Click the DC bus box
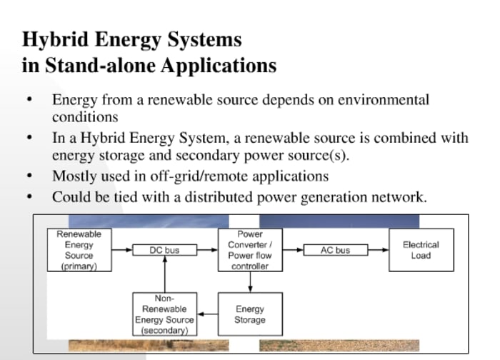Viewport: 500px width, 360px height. (164, 250)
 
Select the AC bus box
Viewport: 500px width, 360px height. (335, 250)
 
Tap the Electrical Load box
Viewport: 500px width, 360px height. (421, 249)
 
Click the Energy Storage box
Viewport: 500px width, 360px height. (249, 314)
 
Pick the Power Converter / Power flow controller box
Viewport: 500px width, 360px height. (249, 249)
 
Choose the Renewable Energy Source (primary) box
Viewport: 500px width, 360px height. (79, 249)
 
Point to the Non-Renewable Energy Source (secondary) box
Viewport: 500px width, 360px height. (164, 314)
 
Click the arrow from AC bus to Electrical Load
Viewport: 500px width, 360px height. (379, 250)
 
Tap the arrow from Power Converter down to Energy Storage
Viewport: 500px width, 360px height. (249, 281)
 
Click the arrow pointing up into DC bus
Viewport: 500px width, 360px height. (164, 275)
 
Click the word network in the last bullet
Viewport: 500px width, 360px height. (397, 196)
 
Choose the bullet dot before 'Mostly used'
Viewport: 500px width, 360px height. (29, 176)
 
